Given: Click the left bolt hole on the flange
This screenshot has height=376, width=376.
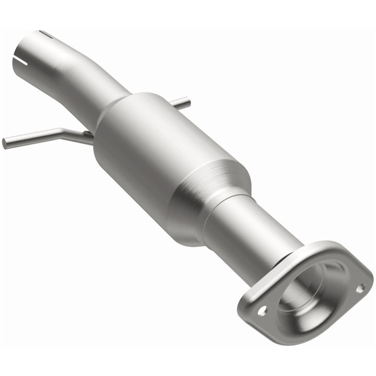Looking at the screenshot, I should tap(263, 310).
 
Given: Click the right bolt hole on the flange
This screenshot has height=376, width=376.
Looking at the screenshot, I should tap(360, 287).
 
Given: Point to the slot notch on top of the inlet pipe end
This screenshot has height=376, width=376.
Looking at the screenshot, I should tap(45, 34).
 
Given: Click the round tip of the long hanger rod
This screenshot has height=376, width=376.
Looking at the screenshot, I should tap(5, 143).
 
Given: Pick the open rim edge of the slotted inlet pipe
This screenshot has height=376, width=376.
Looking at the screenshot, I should tap(18, 47).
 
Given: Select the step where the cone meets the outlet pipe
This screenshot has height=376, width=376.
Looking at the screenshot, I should tap(222, 211).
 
